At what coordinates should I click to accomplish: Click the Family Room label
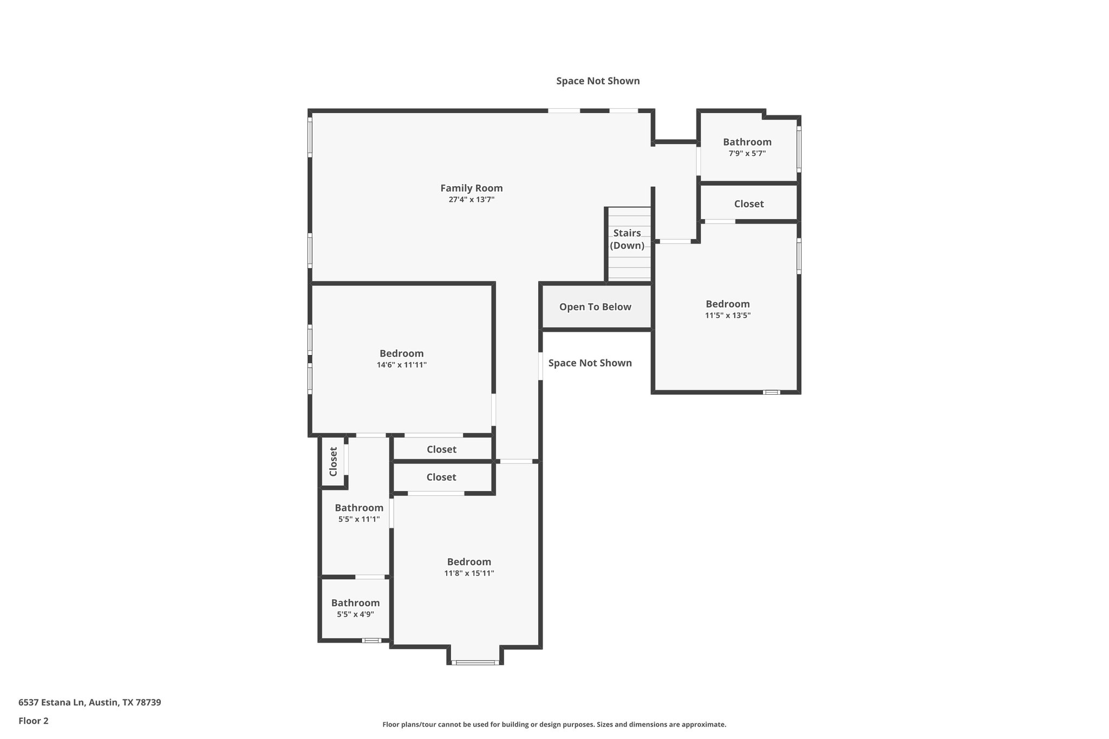tap(471, 188)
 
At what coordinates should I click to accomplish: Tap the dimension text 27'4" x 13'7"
tap(471, 200)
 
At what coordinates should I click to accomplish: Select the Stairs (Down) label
tap(627, 239)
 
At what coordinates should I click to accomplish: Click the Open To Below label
tap(595, 307)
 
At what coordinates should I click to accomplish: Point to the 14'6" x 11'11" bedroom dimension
tap(401, 365)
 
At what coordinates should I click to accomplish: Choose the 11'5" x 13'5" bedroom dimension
tap(727, 316)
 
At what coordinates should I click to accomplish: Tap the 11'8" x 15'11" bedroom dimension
tap(469, 573)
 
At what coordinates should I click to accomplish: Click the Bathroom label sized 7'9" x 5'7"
tap(747, 142)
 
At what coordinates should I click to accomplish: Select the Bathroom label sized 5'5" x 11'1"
tap(358, 508)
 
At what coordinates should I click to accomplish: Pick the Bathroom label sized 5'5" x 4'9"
tap(355, 603)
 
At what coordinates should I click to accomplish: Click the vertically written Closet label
tap(333, 461)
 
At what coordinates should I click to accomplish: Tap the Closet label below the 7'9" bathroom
tap(748, 204)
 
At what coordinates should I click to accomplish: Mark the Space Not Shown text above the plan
tap(598, 81)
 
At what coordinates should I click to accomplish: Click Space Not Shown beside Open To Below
tap(590, 363)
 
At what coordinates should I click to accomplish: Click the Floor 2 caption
tap(34, 721)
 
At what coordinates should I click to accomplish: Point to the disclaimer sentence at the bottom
tap(554, 724)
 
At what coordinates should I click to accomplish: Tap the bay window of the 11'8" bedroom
tap(475, 662)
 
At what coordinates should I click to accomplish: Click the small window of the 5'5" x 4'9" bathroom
tap(371, 640)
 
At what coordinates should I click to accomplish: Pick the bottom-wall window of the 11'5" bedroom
tap(771, 392)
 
